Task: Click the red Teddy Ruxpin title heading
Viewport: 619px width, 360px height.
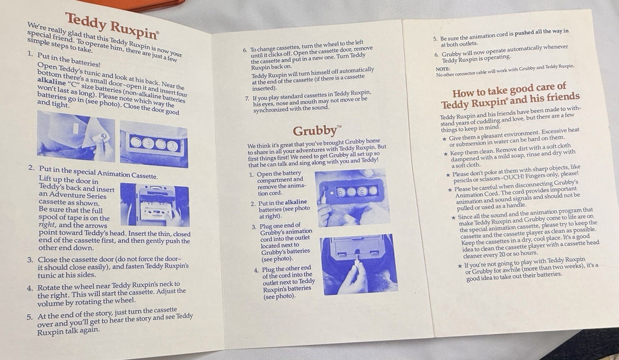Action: (112, 25)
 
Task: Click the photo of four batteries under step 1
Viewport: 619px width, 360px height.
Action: (154, 144)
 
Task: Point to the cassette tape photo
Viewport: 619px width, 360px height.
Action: (155, 205)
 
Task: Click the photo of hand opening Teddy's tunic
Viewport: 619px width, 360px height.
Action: (76, 136)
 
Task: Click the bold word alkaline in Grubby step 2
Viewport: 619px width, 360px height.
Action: (296, 202)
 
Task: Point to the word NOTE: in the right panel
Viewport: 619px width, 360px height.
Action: (442, 69)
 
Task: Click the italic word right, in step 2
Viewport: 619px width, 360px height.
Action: (47, 225)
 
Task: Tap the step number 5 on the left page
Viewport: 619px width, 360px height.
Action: (30, 317)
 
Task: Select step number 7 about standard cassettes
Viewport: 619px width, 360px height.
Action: (247, 98)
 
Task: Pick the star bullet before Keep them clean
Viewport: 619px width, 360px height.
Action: (446, 154)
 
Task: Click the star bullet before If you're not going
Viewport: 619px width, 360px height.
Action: (460, 266)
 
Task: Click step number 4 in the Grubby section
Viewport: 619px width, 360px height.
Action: (256, 271)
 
